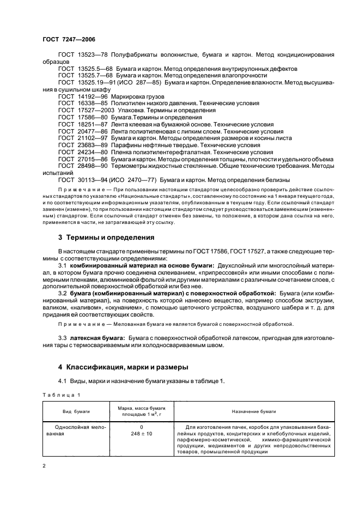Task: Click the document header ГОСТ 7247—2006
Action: pos(70,40)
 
